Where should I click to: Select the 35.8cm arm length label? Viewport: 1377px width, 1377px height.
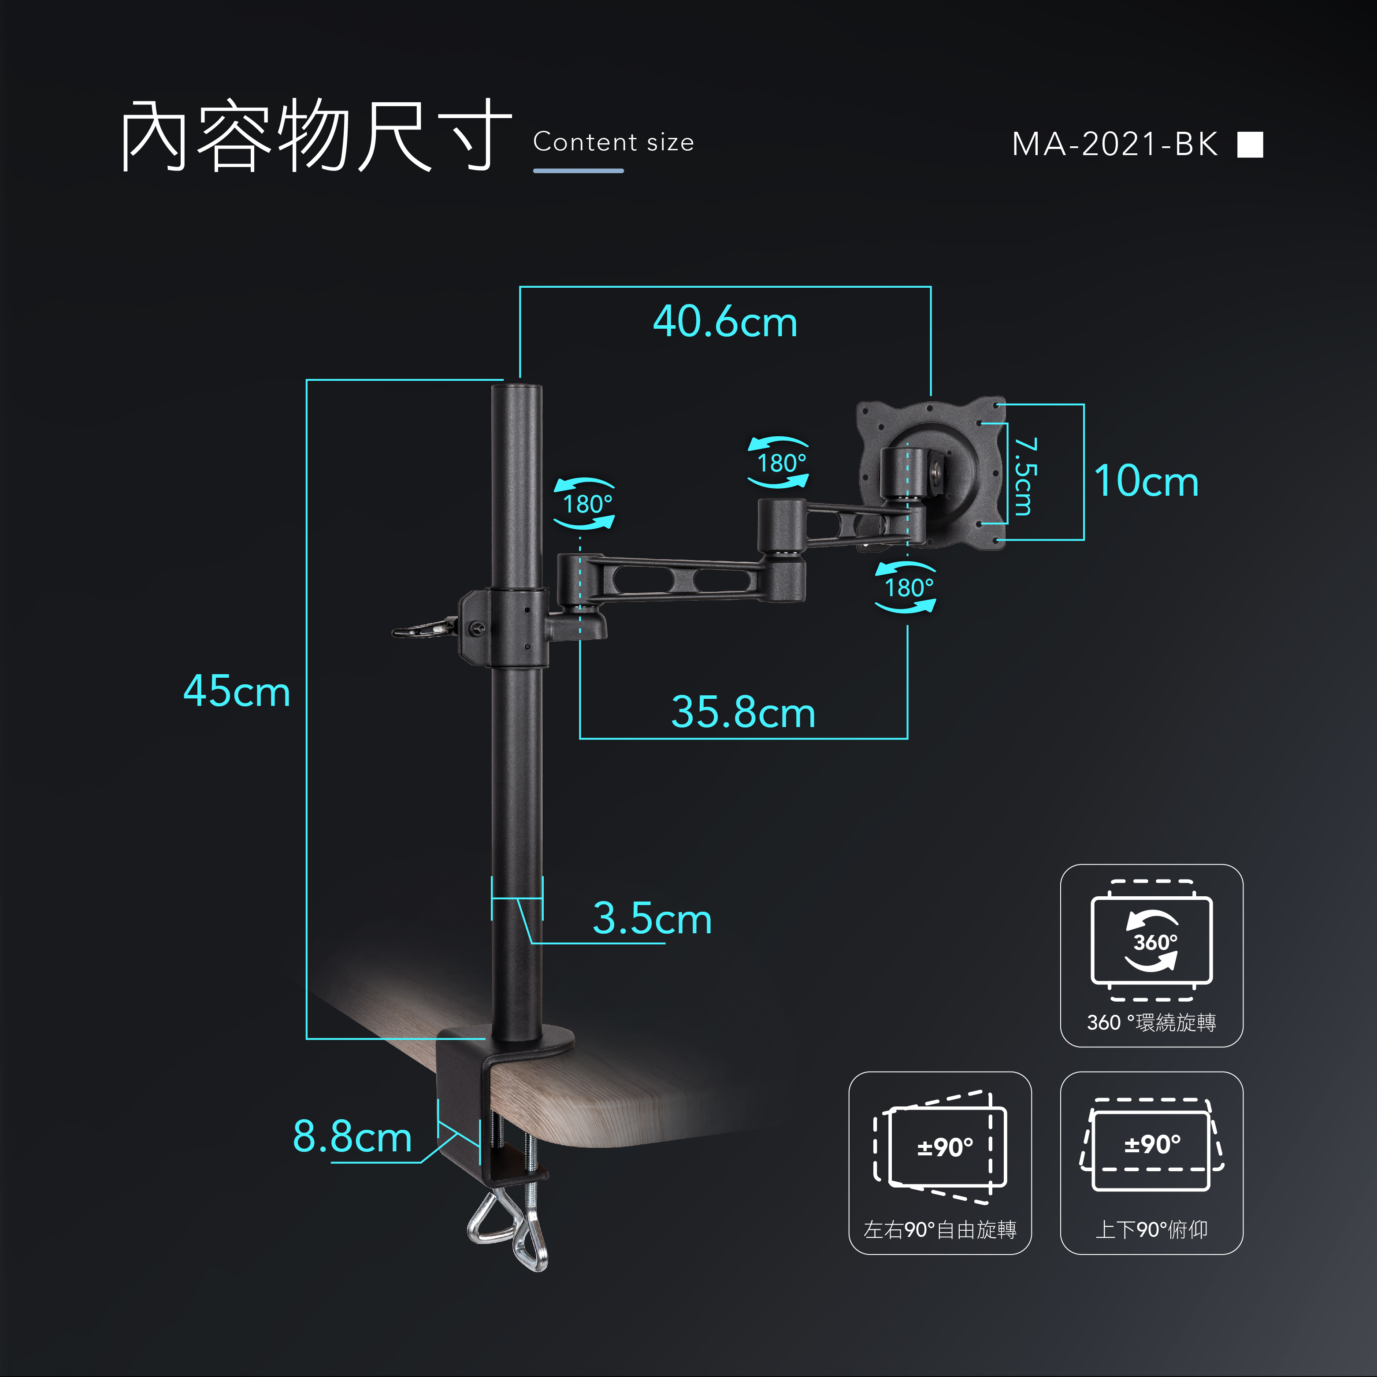(x=742, y=712)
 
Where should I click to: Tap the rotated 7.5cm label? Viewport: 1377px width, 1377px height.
(x=1024, y=476)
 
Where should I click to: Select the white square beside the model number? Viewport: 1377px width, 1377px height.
(x=1250, y=144)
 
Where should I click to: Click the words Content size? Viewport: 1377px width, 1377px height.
(x=613, y=142)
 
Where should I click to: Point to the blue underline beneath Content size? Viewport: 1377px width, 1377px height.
(x=578, y=171)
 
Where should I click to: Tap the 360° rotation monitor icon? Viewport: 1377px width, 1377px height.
(x=1151, y=941)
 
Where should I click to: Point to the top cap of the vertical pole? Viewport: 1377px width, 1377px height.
(x=517, y=389)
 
